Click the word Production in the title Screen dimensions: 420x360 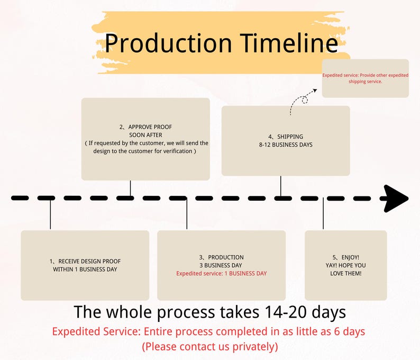168,43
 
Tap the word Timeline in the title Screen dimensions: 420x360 289,43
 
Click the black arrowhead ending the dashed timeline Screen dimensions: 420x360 395,199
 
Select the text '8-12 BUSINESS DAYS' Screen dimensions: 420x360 286,145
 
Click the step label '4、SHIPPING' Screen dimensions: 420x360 286,137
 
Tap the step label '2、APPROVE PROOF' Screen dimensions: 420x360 145,127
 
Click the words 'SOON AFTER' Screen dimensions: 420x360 145,135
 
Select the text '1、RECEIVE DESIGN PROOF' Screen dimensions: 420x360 85,262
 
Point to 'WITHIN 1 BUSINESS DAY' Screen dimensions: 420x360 85,269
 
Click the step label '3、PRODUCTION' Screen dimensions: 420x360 221,257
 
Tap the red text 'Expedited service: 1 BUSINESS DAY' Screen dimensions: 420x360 221,273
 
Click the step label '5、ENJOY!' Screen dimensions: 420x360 345,257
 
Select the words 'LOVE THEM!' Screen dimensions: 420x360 345,273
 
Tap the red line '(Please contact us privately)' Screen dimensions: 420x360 209,347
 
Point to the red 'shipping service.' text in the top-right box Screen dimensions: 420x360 365,82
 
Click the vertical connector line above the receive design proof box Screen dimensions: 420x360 50,214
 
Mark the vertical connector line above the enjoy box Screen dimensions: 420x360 323,214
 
